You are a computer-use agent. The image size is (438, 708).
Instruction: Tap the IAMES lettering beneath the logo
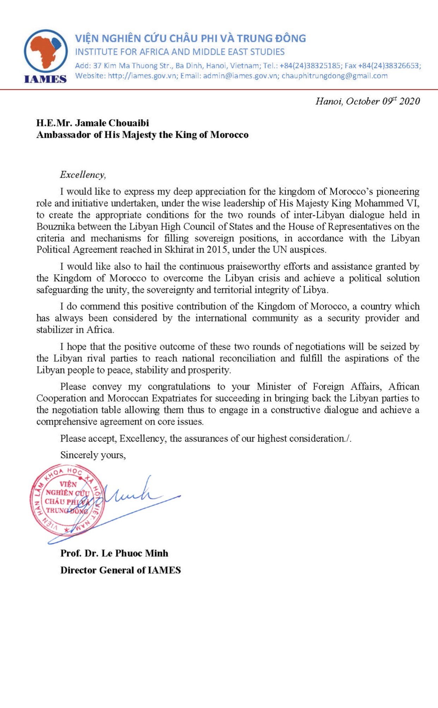[45, 79]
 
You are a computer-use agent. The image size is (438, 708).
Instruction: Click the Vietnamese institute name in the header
[190, 38]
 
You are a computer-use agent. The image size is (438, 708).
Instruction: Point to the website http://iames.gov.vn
[142, 76]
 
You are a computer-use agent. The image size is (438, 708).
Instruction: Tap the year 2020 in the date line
[410, 101]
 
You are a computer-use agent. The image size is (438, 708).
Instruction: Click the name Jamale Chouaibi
[112, 123]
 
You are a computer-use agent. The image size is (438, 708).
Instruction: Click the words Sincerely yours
[93, 455]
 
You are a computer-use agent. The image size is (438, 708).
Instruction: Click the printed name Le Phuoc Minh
[134, 553]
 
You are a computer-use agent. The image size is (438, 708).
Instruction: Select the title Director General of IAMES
[120, 570]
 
